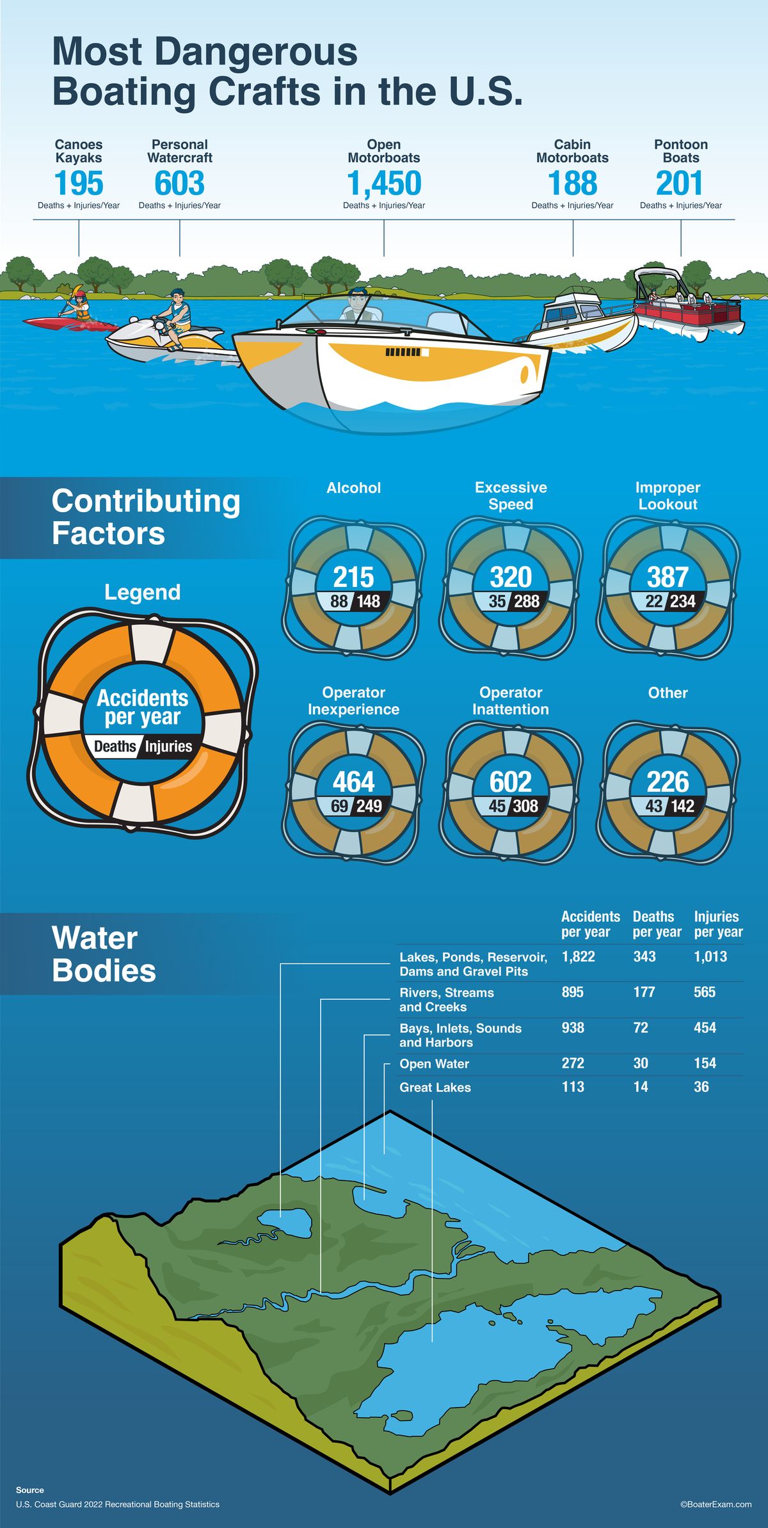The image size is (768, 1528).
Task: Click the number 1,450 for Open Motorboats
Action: [384, 184]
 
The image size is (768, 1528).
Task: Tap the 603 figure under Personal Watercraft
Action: [179, 184]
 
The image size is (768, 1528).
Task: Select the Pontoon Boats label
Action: [680, 151]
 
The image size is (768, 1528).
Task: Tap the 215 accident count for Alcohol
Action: [353, 577]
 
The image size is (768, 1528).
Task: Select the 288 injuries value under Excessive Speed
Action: [526, 602]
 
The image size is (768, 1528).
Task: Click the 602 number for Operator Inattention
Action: [510, 782]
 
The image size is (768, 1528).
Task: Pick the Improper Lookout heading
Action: [668, 495]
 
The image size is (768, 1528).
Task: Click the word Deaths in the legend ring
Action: [115, 746]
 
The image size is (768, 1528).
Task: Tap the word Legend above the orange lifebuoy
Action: [142, 592]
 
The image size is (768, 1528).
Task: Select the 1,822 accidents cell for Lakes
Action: [578, 956]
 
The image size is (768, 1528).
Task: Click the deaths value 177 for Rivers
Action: [644, 992]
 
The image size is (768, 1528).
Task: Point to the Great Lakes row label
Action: [435, 1088]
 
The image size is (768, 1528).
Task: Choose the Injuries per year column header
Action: [718, 924]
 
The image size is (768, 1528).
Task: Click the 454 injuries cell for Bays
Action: [705, 1027]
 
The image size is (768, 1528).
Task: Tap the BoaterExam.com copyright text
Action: [716, 1504]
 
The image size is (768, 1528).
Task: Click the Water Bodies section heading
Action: [104, 954]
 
